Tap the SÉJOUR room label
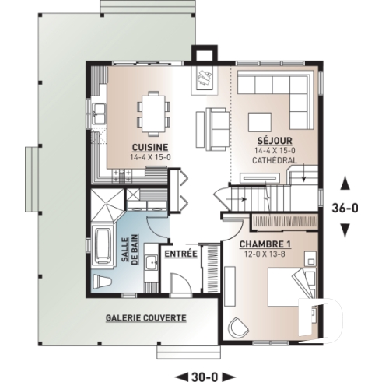point(269,142)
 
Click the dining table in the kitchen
point(150,110)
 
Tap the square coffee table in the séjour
point(258,121)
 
